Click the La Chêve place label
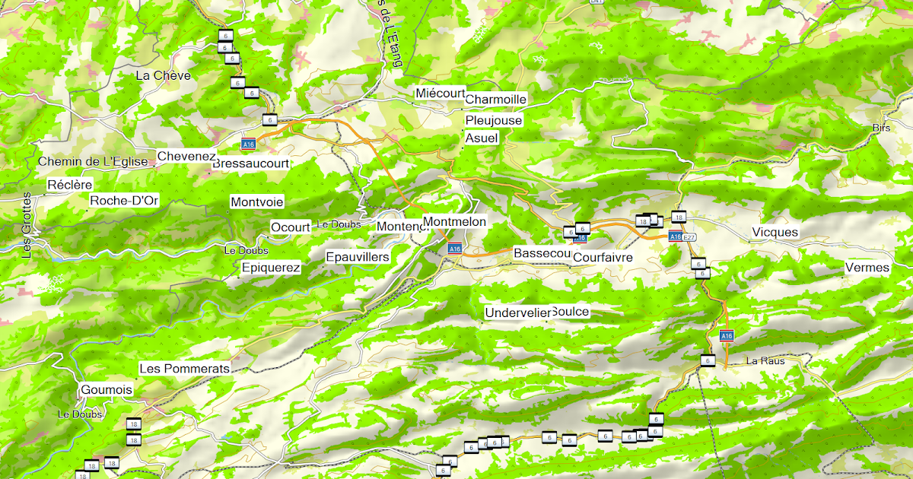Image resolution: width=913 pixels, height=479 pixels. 163,75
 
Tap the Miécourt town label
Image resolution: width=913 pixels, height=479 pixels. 441,93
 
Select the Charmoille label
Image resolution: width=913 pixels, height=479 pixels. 495,100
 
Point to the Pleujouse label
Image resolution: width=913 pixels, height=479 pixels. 494,120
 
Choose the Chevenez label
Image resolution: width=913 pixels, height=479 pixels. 186,156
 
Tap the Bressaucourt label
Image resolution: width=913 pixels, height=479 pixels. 251,163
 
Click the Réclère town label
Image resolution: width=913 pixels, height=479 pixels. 69,185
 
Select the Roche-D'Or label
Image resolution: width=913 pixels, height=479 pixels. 124,201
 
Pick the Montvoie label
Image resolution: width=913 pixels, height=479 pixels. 256,202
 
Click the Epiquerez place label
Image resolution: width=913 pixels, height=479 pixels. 270,268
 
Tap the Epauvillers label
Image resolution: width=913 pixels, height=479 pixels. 357,257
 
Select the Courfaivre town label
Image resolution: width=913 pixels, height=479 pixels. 603,258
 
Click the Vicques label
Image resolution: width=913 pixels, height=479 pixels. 775,232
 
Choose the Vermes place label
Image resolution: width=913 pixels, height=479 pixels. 867,268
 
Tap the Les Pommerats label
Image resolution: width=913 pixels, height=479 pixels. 184,368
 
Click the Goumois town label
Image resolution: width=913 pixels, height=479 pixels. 106,389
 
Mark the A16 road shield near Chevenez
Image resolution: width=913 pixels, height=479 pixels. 248,144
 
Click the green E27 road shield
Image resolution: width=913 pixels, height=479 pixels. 689,237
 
